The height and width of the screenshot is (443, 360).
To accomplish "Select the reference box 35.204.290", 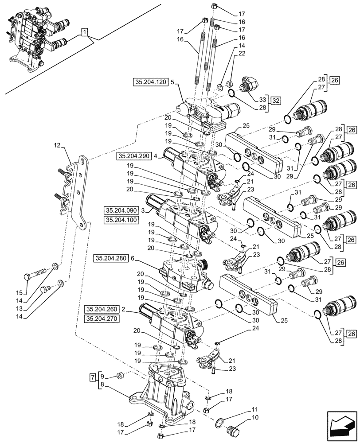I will (134, 156).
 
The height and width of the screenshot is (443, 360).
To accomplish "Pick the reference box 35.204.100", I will (121, 220).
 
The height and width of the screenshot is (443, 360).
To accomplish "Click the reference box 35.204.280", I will (111, 257).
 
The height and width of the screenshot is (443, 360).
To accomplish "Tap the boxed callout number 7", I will (92, 377).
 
